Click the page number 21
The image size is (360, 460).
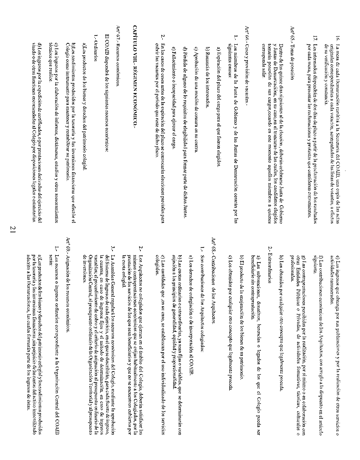point(12,230)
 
